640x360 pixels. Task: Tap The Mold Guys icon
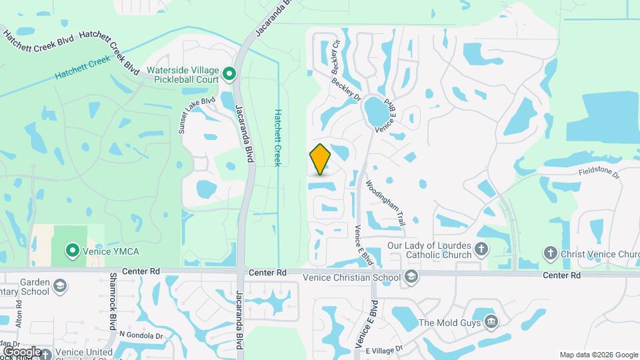click(x=491, y=323)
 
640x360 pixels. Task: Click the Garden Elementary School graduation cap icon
click(x=60, y=287)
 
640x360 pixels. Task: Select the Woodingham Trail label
click(x=386, y=199)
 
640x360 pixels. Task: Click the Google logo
click(x=22, y=351)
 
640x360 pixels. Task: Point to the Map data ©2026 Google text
click(x=598, y=355)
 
